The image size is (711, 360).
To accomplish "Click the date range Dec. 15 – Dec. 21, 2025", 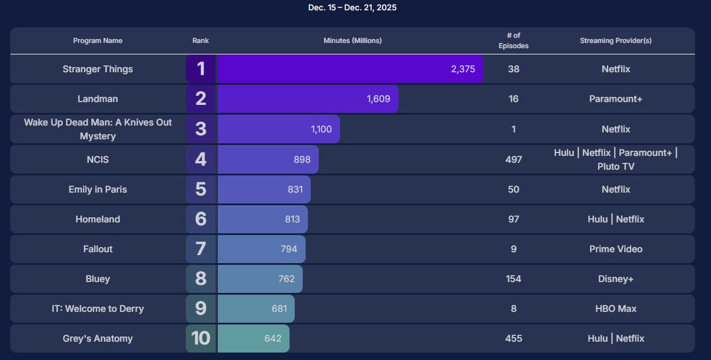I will tap(352, 7).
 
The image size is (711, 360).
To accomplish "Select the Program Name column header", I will tap(97, 41).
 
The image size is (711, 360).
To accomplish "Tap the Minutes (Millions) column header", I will tap(352, 41).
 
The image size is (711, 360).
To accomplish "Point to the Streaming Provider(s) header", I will tap(615, 41).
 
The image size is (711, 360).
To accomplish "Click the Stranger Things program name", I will tap(97, 69).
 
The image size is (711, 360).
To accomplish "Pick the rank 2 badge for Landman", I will tap(201, 99).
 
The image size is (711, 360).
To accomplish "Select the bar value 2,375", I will tap(463, 69).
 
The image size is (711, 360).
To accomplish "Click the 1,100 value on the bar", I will tap(321, 129).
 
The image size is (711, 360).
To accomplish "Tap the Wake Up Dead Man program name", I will tap(97, 130).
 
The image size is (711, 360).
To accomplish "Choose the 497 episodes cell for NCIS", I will tap(513, 159).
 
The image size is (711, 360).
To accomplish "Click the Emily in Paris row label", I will tap(97, 190).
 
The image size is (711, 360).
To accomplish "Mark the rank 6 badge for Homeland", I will tap(201, 219).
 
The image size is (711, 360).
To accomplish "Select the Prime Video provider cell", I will tap(615, 249).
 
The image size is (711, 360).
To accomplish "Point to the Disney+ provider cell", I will tap(615, 279).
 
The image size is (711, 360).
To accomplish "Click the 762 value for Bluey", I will tap(286, 279).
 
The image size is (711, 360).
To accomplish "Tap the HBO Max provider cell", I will tap(615, 309).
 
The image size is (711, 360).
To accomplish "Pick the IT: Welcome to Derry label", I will tap(97, 309).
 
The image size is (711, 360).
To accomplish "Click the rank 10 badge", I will tap(201, 338).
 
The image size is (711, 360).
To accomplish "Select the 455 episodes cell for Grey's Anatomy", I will tap(513, 339).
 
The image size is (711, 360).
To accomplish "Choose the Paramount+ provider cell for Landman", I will tap(615, 99).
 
